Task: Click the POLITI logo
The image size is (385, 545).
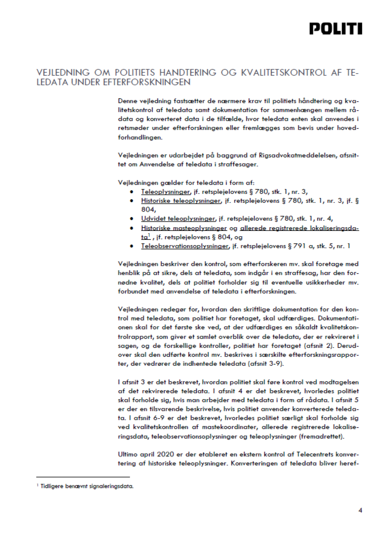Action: point(336,29)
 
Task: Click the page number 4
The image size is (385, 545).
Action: point(360,510)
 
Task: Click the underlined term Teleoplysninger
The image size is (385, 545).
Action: point(165,192)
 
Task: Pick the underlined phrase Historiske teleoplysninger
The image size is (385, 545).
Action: point(181,201)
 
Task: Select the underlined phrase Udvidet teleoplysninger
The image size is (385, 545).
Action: point(178,219)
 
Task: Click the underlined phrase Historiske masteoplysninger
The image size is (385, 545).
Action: point(184,228)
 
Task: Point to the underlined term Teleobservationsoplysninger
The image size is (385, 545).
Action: point(185,246)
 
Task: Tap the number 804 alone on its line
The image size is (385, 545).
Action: point(148,210)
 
